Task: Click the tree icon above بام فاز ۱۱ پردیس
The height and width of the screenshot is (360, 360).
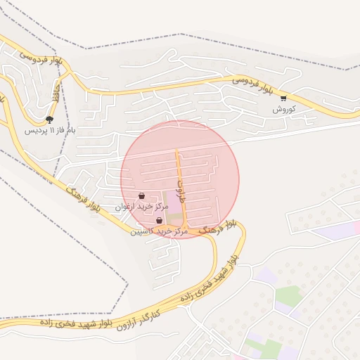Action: click(x=49, y=120)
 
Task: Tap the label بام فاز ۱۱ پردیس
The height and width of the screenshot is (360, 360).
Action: click(x=50, y=131)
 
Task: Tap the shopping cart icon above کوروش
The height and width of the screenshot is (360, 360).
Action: click(x=283, y=98)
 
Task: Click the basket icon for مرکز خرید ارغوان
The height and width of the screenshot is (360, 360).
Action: click(x=142, y=196)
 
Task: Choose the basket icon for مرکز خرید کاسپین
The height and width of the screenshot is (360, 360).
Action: click(x=160, y=221)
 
